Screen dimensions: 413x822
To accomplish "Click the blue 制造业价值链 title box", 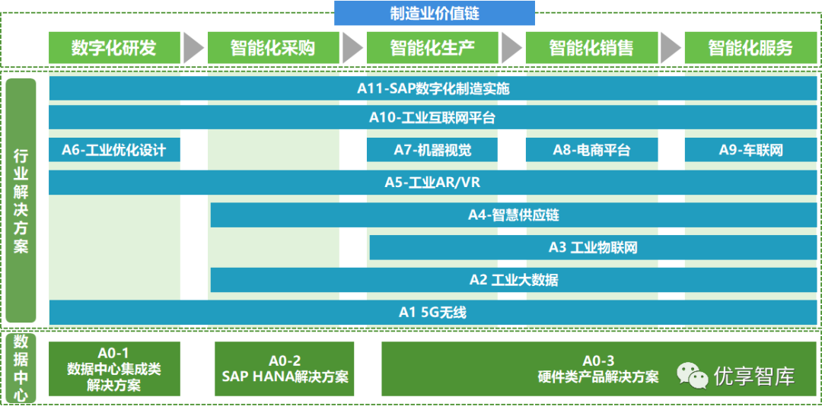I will point(434,13).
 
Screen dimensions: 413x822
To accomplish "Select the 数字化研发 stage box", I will point(114,48).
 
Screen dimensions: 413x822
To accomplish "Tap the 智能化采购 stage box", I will point(273,48).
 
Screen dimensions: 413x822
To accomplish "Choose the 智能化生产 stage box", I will point(432,48).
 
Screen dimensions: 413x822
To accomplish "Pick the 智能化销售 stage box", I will point(591,48).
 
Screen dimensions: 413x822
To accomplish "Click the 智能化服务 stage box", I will point(750,48).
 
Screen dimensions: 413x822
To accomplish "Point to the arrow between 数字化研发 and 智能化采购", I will point(194,48).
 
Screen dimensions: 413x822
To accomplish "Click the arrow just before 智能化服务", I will point(671,48).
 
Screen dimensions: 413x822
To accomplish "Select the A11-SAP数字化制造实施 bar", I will point(433,89).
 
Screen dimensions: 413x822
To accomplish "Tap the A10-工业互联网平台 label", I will point(433,118).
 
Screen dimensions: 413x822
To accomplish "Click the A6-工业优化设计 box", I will point(114,150).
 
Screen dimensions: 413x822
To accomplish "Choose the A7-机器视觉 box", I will point(432,150).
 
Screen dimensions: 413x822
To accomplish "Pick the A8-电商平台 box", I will point(591,150).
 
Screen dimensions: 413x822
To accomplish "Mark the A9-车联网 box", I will point(750,150).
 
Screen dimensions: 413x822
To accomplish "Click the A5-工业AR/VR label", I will point(433,183).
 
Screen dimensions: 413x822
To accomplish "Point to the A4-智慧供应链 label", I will point(513,215).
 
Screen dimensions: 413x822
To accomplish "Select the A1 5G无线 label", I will point(433,312).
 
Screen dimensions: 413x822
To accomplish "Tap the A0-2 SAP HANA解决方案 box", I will point(285,369).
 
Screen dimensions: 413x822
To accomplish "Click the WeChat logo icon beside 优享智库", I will point(693,375).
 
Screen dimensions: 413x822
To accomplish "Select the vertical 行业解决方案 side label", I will point(21,201).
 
